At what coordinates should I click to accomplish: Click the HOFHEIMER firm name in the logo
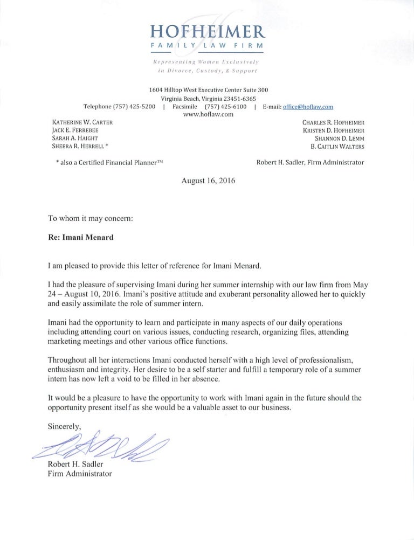coord(207,31)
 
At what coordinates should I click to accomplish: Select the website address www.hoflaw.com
coord(207,114)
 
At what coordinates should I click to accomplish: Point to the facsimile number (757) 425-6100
coord(226,107)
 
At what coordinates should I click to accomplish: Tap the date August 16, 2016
coord(208,181)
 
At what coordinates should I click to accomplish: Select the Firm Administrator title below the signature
coord(80,474)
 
